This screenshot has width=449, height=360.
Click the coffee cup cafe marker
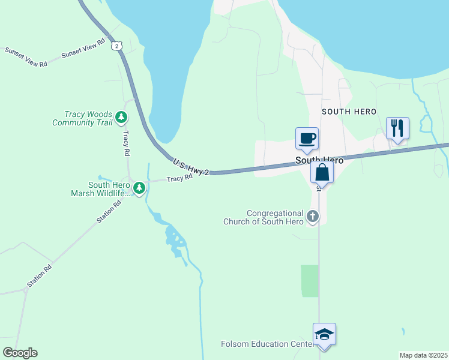point(307,139)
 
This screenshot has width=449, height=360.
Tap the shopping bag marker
point(322,172)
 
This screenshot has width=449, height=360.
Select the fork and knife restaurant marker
point(397,128)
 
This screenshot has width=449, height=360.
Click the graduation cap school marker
point(324,335)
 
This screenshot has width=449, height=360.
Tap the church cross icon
point(312,215)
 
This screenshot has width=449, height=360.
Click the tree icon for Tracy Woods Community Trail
point(122,117)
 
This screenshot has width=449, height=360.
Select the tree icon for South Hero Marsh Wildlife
point(139,188)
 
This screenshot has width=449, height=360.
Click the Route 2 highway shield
point(117,46)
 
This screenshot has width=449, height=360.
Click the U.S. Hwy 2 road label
point(191,167)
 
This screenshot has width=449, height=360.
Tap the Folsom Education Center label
point(267,344)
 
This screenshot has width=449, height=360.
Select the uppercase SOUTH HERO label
point(349,112)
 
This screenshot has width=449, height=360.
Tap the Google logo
point(20,352)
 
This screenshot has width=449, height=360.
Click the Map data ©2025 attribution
point(423,355)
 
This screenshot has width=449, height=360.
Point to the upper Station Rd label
point(109,212)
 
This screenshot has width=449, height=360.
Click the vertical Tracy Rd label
point(127,144)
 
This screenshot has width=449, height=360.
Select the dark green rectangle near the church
point(309,281)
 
